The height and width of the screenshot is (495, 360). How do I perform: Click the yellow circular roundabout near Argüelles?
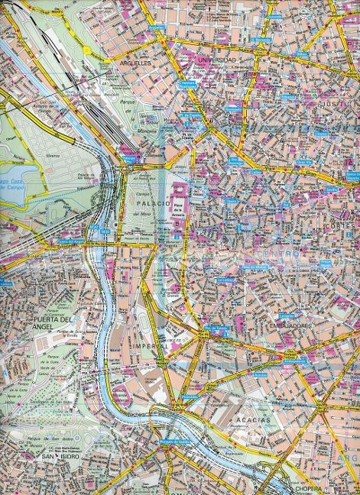click(x=87, y=50)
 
